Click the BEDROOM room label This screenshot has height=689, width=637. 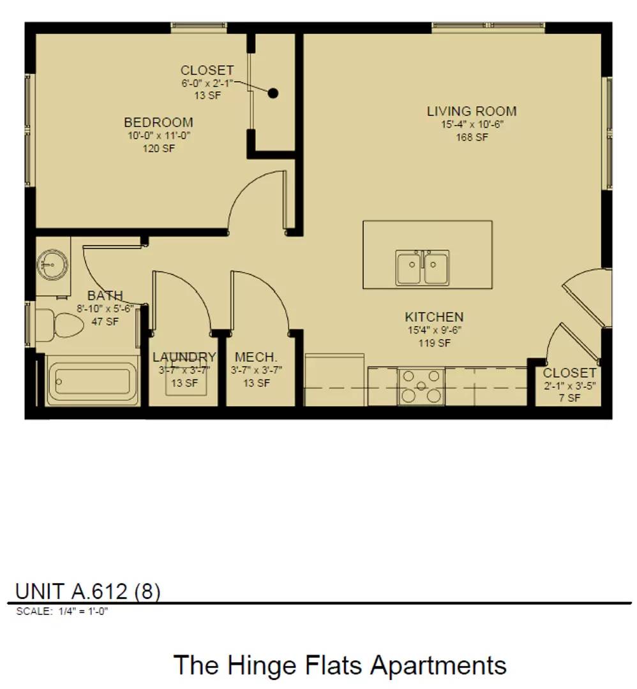point(158,122)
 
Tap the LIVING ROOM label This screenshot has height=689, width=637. point(472,111)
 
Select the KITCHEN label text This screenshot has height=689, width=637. point(434,317)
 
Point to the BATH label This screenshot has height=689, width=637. point(105,295)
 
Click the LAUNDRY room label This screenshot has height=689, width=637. point(184,357)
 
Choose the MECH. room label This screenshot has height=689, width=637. point(256,357)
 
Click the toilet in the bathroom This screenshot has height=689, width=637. point(59,325)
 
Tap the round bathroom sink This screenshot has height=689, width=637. point(52,265)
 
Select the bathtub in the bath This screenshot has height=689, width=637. point(93,382)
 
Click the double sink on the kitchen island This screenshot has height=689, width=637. point(422,267)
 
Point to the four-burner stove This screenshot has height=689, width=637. point(421,387)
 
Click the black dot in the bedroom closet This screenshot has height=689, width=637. point(273,93)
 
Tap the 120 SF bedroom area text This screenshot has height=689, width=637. point(159,149)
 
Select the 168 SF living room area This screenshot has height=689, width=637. point(472,137)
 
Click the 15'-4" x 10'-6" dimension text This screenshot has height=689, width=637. point(472,124)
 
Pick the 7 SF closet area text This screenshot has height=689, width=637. point(569,398)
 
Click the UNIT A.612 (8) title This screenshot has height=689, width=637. point(88,591)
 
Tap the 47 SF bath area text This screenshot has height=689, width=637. point(105,322)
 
